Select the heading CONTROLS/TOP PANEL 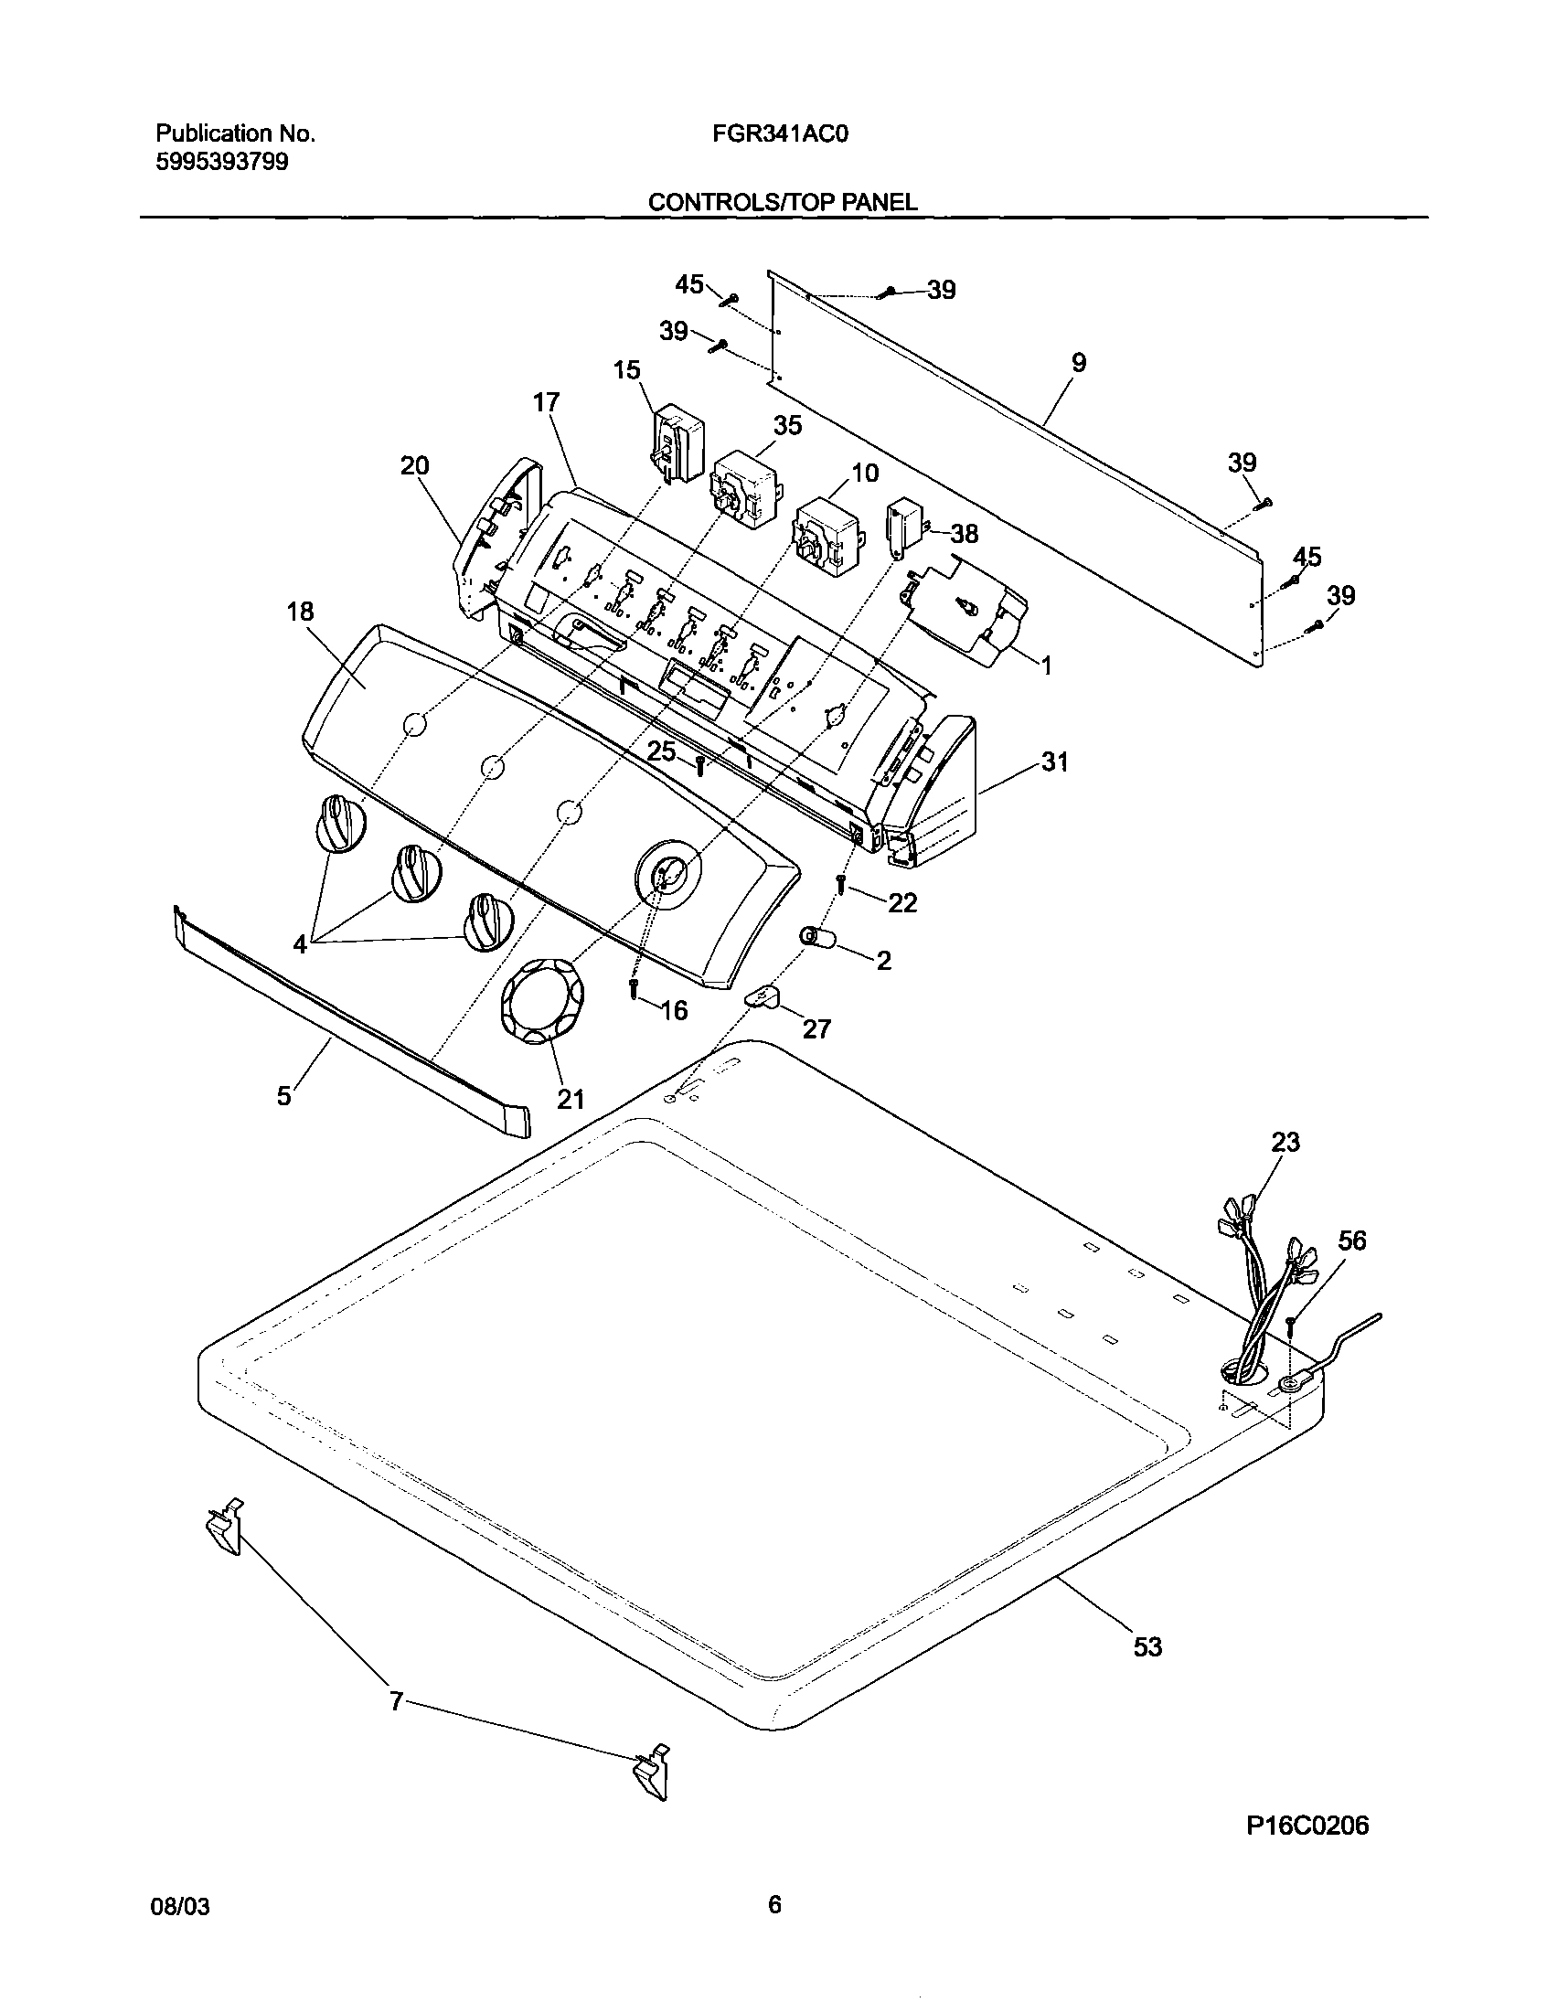pos(782,202)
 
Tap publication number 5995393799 pos(222,163)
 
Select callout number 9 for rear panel pos(1079,363)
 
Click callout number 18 pos(300,612)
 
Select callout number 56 pos(1351,1241)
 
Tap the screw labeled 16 pos(634,989)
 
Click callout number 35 pos(787,425)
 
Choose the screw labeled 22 pos(840,884)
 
